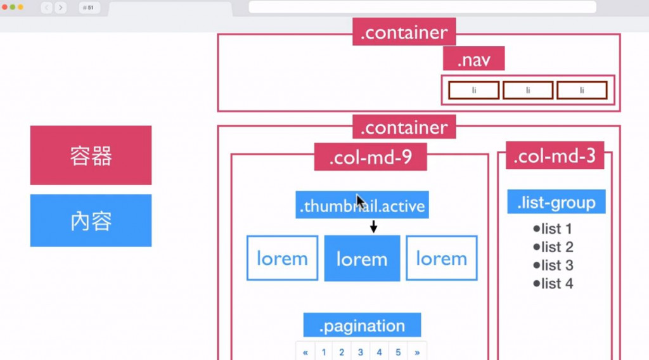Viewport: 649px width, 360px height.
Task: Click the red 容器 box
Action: (x=91, y=155)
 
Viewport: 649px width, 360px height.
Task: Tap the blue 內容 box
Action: (x=91, y=221)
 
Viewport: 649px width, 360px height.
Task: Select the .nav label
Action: (x=473, y=58)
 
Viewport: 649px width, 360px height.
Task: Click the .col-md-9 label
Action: (x=370, y=157)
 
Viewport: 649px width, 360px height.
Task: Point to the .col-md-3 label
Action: (x=555, y=155)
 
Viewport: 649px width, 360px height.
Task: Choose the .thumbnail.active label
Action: (x=362, y=205)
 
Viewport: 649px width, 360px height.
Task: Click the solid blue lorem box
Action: (x=362, y=259)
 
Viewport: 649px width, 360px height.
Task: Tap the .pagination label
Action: (x=362, y=325)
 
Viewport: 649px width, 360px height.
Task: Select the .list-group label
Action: (x=556, y=202)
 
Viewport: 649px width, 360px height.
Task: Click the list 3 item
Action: (x=553, y=265)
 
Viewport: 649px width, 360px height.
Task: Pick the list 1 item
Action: (x=552, y=229)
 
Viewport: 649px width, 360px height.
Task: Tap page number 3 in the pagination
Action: (x=361, y=352)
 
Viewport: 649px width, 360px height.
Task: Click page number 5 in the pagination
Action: (x=398, y=352)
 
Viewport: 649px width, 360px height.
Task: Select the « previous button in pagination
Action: (x=305, y=352)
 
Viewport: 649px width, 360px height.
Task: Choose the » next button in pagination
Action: (x=417, y=352)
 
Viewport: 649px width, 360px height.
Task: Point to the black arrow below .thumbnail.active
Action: (x=373, y=226)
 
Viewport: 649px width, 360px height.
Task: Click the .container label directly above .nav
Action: (x=404, y=32)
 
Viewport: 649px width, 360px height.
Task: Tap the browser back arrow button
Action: (x=46, y=8)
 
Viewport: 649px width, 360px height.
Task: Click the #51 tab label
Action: (x=89, y=8)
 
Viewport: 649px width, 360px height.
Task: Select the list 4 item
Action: (x=553, y=283)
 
